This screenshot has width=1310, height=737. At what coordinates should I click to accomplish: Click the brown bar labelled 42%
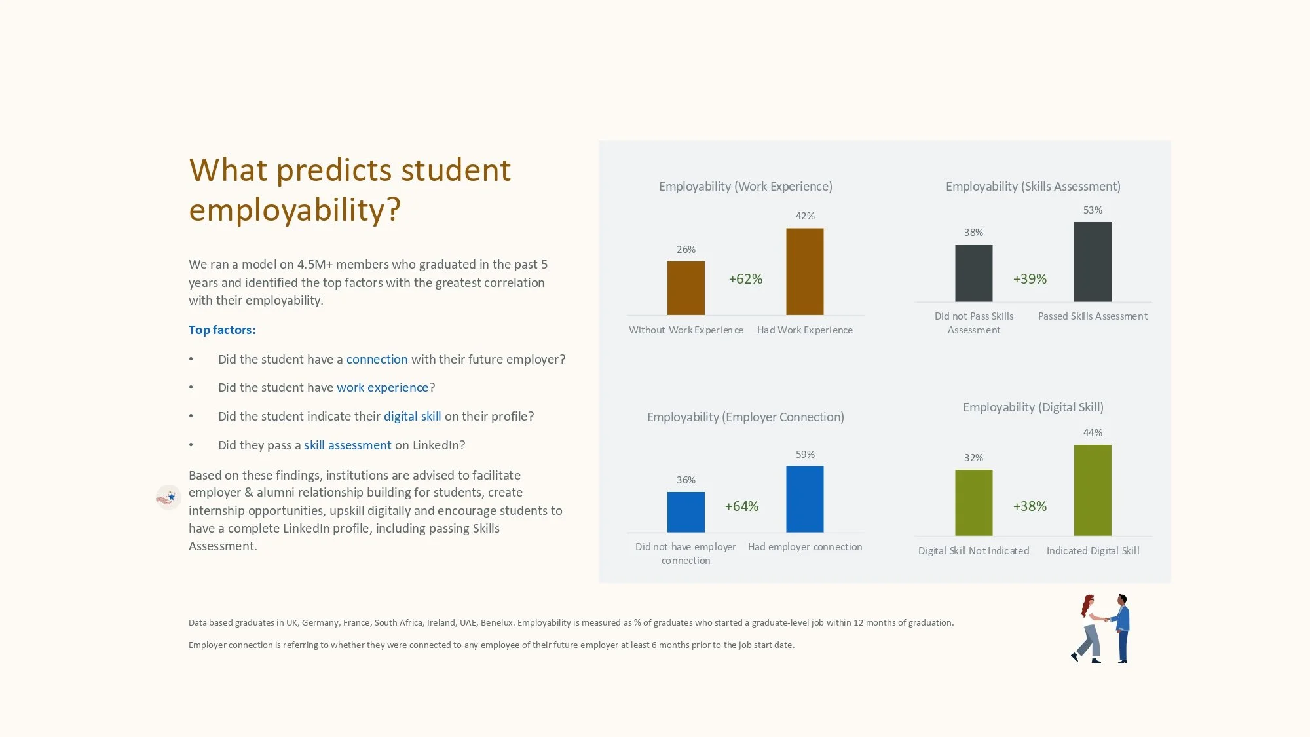click(x=804, y=271)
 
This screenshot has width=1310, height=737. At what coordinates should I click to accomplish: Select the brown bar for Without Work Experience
click(x=686, y=288)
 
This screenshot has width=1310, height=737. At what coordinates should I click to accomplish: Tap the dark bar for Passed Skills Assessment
click(x=1093, y=262)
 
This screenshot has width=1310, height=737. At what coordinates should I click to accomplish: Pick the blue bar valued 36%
click(x=686, y=512)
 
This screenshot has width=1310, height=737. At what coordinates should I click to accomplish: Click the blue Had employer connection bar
click(x=804, y=499)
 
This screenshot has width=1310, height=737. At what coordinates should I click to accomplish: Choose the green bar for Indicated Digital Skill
click(x=1093, y=490)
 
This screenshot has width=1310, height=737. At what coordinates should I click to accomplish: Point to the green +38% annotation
click(x=1030, y=506)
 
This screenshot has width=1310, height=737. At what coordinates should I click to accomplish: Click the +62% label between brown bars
click(x=745, y=279)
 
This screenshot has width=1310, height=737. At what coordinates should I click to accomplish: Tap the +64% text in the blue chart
click(x=741, y=506)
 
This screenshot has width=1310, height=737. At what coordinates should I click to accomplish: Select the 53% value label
click(x=1093, y=210)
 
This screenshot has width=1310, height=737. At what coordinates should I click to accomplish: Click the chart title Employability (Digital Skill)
click(x=1033, y=407)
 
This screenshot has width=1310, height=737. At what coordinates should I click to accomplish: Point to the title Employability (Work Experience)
click(x=745, y=187)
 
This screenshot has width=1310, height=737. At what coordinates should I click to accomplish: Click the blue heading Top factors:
click(x=222, y=330)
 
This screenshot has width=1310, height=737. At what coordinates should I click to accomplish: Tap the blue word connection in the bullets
click(x=377, y=360)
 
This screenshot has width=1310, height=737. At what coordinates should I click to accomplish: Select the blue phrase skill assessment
click(x=347, y=445)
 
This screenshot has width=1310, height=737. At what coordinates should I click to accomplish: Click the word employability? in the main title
click(x=295, y=210)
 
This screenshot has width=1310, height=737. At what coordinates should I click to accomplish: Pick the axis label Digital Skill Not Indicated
click(x=973, y=551)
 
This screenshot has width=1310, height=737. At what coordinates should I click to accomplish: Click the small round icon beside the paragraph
click(x=168, y=498)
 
